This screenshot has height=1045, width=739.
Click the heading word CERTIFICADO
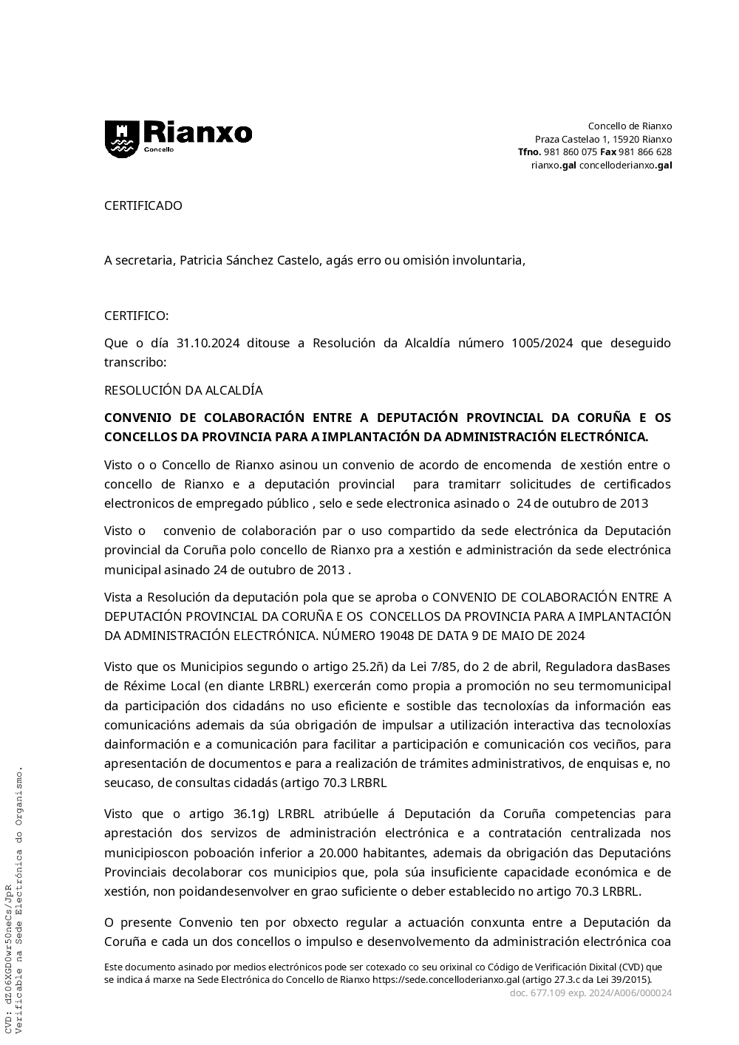(143, 205)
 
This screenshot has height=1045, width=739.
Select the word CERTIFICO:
(136, 316)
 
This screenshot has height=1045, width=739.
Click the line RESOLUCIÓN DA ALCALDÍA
(183, 389)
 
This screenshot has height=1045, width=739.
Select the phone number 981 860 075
(570, 152)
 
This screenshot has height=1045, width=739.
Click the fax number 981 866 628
(644, 152)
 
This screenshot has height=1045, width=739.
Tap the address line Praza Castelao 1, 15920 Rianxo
(603, 139)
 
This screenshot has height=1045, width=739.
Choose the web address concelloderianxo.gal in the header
(625, 165)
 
